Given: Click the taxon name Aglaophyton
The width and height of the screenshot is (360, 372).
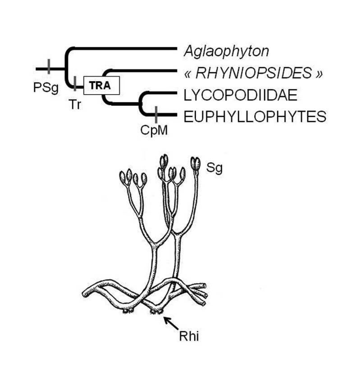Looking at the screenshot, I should pos(226,50).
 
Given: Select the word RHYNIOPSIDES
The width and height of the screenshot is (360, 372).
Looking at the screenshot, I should pos(253,73).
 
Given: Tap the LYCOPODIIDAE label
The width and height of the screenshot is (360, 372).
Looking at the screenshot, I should pos(234,95).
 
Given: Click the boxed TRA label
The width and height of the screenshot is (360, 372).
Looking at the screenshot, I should pos(101,85).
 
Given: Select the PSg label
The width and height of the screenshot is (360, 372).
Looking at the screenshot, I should pos(46,87).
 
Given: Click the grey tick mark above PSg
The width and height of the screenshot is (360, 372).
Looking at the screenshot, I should pos(48,67).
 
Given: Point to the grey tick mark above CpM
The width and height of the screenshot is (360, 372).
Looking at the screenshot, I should pos(156,114).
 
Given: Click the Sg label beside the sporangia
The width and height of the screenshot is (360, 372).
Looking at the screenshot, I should pos(214,169).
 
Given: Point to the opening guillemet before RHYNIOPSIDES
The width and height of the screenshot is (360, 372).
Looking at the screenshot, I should pos(189,74).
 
